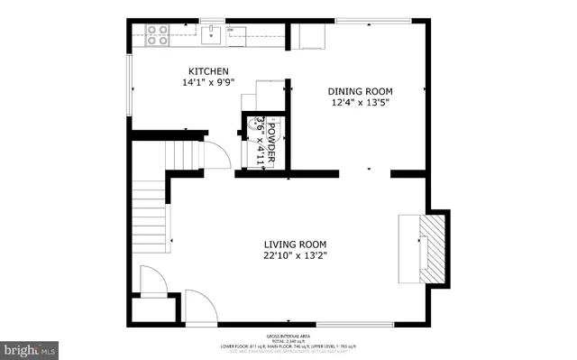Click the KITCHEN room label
(x=208, y=71)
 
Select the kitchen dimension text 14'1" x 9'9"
(x=208, y=83)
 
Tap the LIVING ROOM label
(x=295, y=244)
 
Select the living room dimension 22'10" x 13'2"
(x=295, y=255)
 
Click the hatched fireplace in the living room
(x=436, y=248)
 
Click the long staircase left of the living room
(x=150, y=217)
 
